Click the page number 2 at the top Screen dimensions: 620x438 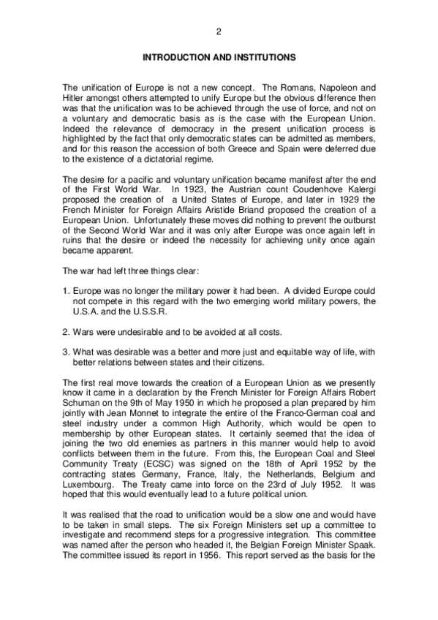219,31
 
